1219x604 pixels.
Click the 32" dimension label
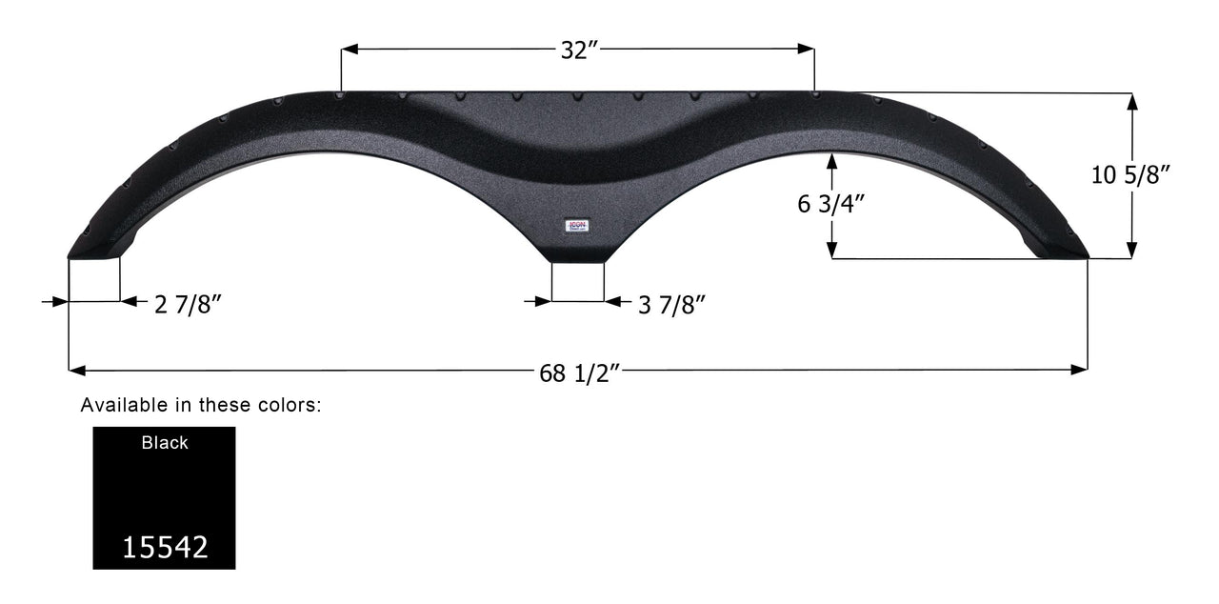[x=578, y=51]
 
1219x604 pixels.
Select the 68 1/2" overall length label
[x=580, y=373]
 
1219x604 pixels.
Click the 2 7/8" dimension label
[x=188, y=304]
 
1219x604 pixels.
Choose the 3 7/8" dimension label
[x=671, y=304]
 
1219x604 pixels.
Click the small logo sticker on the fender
[x=577, y=226]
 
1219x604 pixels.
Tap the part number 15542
[x=164, y=547]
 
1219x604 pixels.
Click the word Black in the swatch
[x=165, y=443]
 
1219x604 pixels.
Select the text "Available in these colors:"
[x=201, y=405]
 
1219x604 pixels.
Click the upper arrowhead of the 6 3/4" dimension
[x=832, y=159]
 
